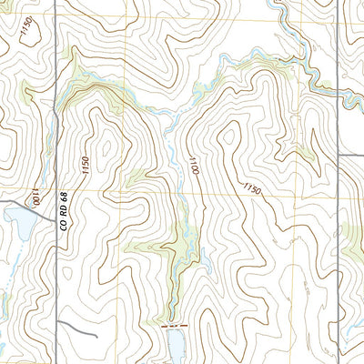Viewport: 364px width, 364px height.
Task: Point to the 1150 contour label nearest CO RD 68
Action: pyautogui.click(x=85, y=166)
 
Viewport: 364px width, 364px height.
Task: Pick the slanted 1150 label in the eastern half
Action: pyautogui.click(x=252, y=188)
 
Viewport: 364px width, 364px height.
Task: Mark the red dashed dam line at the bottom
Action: pyautogui.click(x=172, y=325)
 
